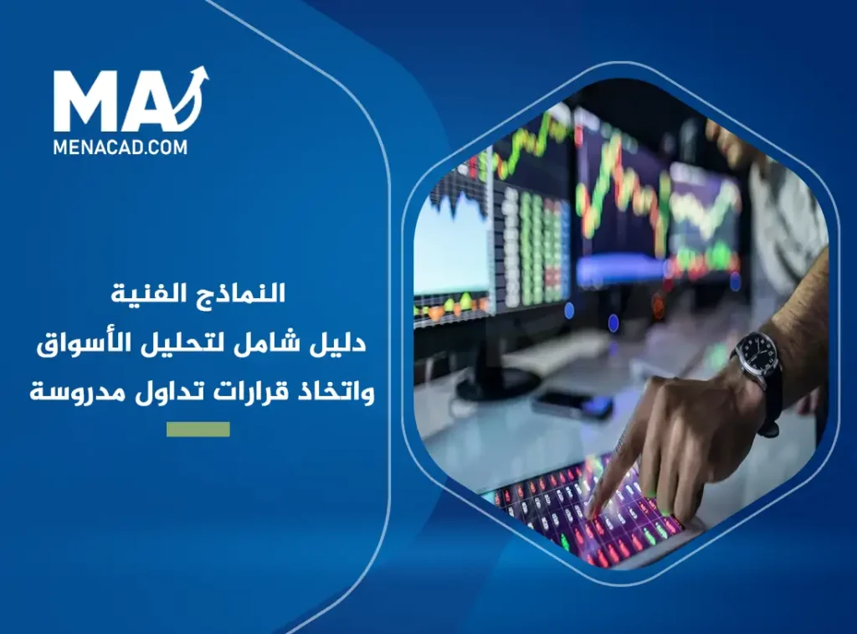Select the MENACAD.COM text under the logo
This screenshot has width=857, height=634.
click(x=121, y=147)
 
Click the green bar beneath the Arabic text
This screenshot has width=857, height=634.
click(x=198, y=430)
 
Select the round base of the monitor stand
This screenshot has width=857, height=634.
click(x=497, y=384)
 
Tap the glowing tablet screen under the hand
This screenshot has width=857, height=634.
click(x=577, y=511)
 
